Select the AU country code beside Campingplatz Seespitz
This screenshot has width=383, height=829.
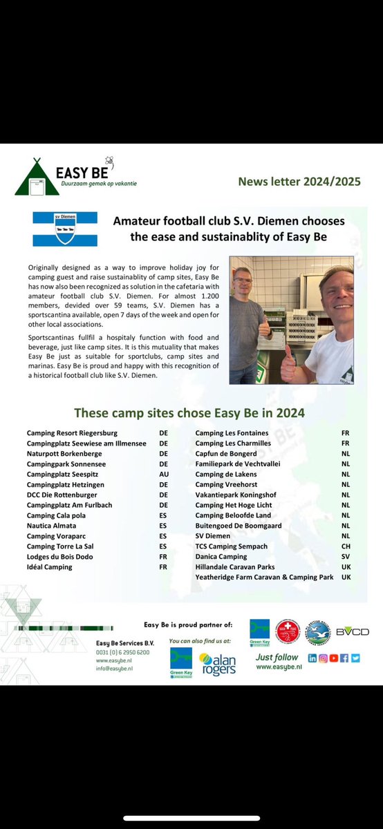[163, 474]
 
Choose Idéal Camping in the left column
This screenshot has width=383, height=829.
[49, 567]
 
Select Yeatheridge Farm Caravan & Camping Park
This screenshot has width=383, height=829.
[264, 577]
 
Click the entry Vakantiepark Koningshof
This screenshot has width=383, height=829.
[235, 495]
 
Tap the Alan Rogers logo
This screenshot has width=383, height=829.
[217, 664]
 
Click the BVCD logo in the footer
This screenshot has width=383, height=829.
[353, 631]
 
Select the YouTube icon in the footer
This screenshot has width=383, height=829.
[333, 658]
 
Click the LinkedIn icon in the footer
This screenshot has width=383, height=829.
[312, 658]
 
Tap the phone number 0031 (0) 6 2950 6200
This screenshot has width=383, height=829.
[123, 651]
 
